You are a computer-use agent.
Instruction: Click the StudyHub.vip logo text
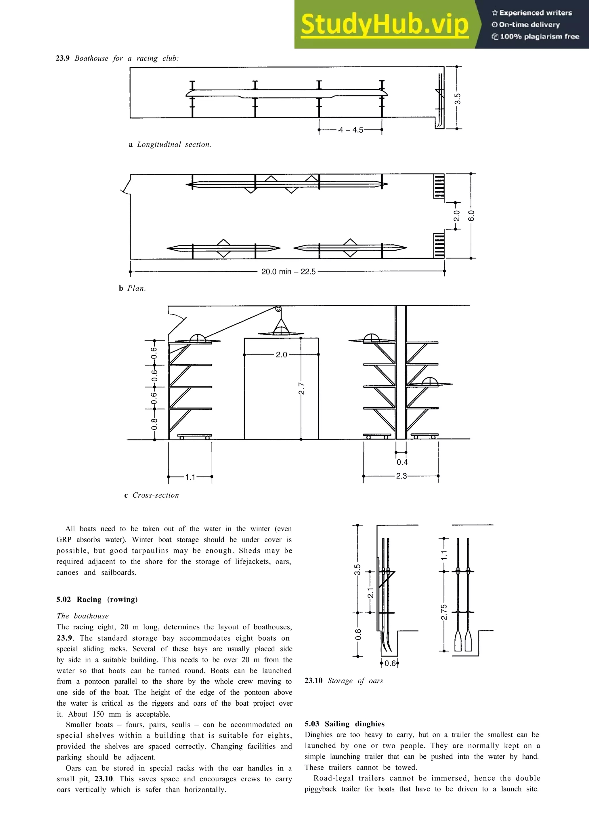pos(385,25)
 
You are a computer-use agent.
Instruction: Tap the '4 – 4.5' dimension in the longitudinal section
pos(351,130)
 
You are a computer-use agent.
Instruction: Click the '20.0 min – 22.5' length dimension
pos(288,272)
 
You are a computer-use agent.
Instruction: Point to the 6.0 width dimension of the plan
pos(471,216)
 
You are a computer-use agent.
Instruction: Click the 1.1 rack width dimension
pos(190,477)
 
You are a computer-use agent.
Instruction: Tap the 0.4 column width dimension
pos(402,462)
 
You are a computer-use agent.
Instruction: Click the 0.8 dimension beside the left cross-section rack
pos(154,424)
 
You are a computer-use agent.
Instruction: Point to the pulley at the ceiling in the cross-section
pos(278,309)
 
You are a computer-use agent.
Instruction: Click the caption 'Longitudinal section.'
pos(174,144)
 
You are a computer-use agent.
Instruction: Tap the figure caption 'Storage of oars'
pos(355,681)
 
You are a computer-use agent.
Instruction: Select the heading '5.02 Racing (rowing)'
pos(97,599)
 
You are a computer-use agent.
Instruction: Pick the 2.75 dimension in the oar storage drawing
pos(444,612)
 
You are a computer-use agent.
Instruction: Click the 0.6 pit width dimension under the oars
pos(390,664)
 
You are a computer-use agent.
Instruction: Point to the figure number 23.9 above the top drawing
pos(62,58)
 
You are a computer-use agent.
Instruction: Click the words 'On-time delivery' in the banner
pos(529,25)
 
